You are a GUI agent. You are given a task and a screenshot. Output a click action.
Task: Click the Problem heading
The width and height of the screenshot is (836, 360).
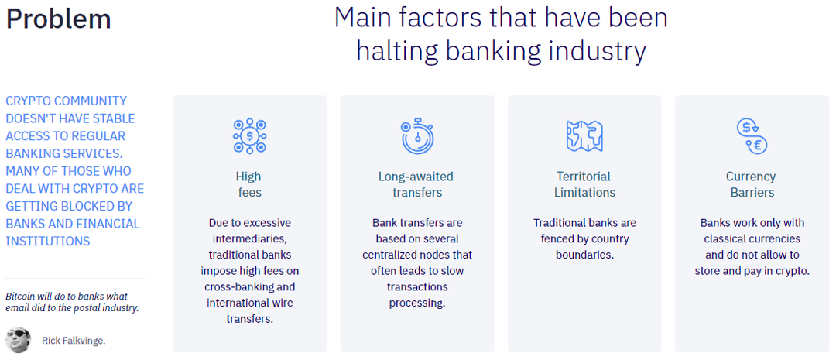pyautogui.click(x=58, y=19)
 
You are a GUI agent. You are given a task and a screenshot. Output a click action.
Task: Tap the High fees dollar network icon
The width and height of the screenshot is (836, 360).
pyautogui.click(x=249, y=136)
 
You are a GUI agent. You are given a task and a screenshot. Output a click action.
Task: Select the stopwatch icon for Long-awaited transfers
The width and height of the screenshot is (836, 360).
pyautogui.click(x=417, y=137)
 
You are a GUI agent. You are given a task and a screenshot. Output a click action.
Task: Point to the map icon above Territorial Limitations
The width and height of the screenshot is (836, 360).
pyautogui.click(x=584, y=135)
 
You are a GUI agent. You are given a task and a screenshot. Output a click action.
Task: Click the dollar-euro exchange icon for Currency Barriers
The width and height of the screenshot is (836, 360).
pyautogui.click(x=751, y=136)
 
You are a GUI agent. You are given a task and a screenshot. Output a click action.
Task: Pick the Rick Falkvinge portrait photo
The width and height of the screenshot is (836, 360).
pyautogui.click(x=19, y=340)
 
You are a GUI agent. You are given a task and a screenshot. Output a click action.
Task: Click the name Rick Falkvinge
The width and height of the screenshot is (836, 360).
pyautogui.click(x=74, y=341)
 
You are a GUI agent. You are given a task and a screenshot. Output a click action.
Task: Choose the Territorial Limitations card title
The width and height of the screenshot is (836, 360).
pyautogui.click(x=584, y=184)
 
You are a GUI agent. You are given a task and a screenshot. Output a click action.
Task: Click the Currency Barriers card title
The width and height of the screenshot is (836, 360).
pyautogui.click(x=751, y=184)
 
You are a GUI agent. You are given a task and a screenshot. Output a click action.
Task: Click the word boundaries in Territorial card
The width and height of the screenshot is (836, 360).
pyautogui.click(x=584, y=255)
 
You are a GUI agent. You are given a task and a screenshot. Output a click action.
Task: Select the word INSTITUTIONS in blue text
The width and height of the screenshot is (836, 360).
pyautogui.click(x=48, y=242)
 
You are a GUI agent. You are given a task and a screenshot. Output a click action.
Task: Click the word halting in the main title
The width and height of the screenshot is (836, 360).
pyautogui.click(x=396, y=52)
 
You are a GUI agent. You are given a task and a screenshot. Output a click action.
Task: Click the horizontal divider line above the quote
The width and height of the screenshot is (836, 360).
pyautogui.click(x=76, y=279)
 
